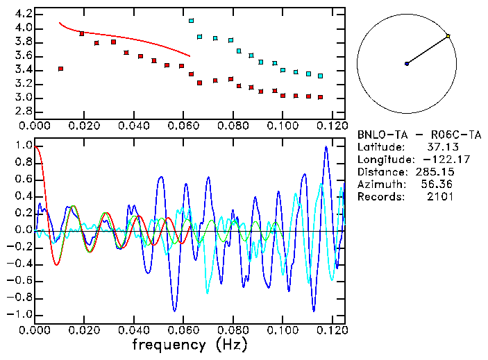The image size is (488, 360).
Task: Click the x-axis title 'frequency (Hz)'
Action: click(x=190, y=344)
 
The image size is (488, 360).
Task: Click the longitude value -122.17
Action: click(x=436, y=160)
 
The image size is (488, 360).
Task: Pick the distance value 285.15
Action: click(x=436, y=172)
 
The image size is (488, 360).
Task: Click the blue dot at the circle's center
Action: click(x=407, y=64)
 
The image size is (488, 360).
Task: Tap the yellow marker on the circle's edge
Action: click(x=448, y=36)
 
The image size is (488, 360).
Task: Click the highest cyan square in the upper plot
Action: click(x=192, y=21)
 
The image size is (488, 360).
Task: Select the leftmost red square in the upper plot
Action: click(x=61, y=69)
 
